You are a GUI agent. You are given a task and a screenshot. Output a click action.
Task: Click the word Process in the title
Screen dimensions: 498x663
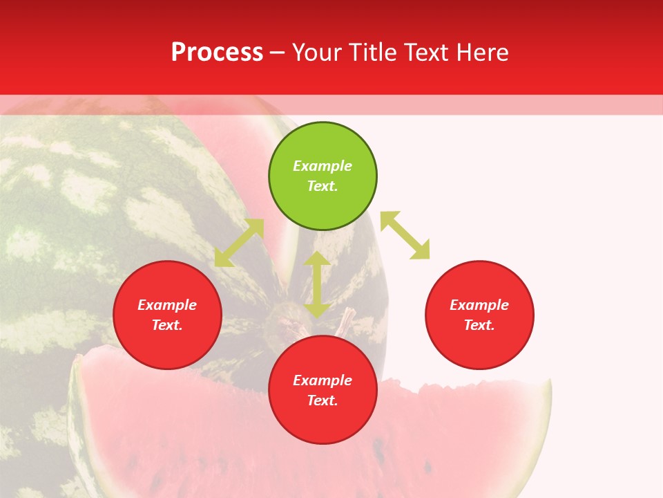[217, 53]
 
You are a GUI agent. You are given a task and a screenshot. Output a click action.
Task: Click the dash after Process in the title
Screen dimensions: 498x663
[277, 53]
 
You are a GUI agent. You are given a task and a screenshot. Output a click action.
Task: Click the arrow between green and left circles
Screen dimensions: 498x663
[239, 243]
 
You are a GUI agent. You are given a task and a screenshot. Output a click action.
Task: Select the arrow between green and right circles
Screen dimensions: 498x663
[405, 235]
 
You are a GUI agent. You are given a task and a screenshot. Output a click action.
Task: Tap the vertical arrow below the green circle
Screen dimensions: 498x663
[317, 284]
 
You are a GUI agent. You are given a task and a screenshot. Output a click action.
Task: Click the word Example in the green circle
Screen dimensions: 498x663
[323, 166]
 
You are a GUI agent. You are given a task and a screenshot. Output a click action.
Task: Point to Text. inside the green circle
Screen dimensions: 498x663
[323, 186]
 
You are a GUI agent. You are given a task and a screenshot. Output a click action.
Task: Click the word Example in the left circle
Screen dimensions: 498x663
[167, 305]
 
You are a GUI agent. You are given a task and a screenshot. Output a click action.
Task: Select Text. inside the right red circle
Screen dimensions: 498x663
[479, 325]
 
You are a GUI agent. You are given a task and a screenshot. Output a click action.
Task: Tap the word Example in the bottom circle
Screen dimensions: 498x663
[323, 380]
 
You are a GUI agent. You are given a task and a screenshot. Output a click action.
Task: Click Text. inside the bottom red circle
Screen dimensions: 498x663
[323, 400]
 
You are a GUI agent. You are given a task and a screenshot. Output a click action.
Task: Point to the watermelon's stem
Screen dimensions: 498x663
[346, 319]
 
